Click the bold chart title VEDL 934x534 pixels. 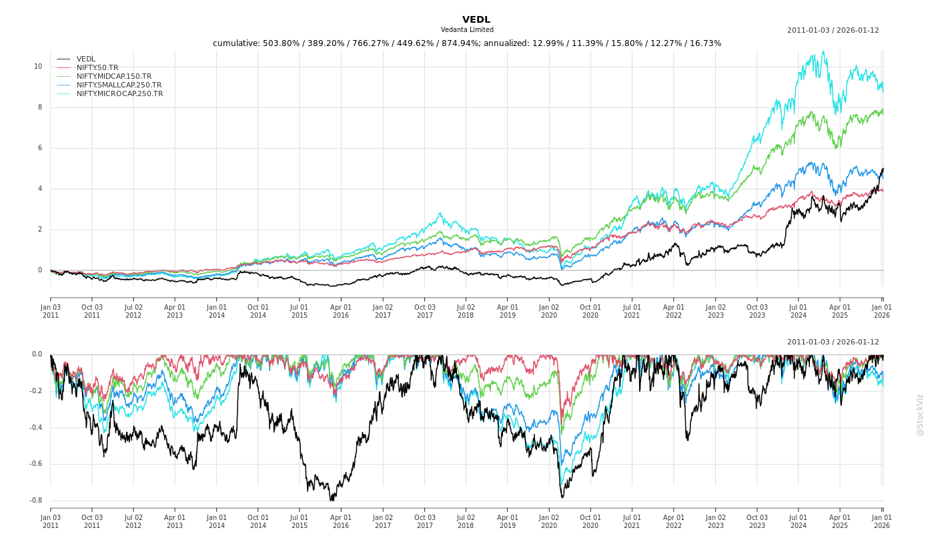[x=476, y=19]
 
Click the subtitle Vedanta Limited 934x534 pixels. [x=467, y=30]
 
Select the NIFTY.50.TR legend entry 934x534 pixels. [x=97, y=67]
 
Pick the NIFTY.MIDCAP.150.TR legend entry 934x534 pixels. [x=114, y=76]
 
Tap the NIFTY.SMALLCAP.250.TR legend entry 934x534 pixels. [x=119, y=85]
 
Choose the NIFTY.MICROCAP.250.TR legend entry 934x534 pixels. [x=119, y=93]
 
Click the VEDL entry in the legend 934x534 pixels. [x=86, y=59]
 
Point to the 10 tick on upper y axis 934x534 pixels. [x=38, y=67]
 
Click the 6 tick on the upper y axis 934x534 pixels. [x=39, y=148]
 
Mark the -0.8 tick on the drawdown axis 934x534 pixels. [x=36, y=501]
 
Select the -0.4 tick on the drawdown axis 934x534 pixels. [x=36, y=428]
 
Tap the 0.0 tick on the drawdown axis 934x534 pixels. [x=37, y=354]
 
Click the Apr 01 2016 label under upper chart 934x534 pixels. [x=341, y=311]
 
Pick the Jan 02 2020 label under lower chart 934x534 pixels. [x=549, y=521]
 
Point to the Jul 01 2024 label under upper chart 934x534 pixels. [x=799, y=311]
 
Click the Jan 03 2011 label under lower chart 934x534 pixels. [x=51, y=521]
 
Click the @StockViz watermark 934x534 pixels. [x=920, y=415]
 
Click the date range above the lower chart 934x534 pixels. [x=833, y=342]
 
